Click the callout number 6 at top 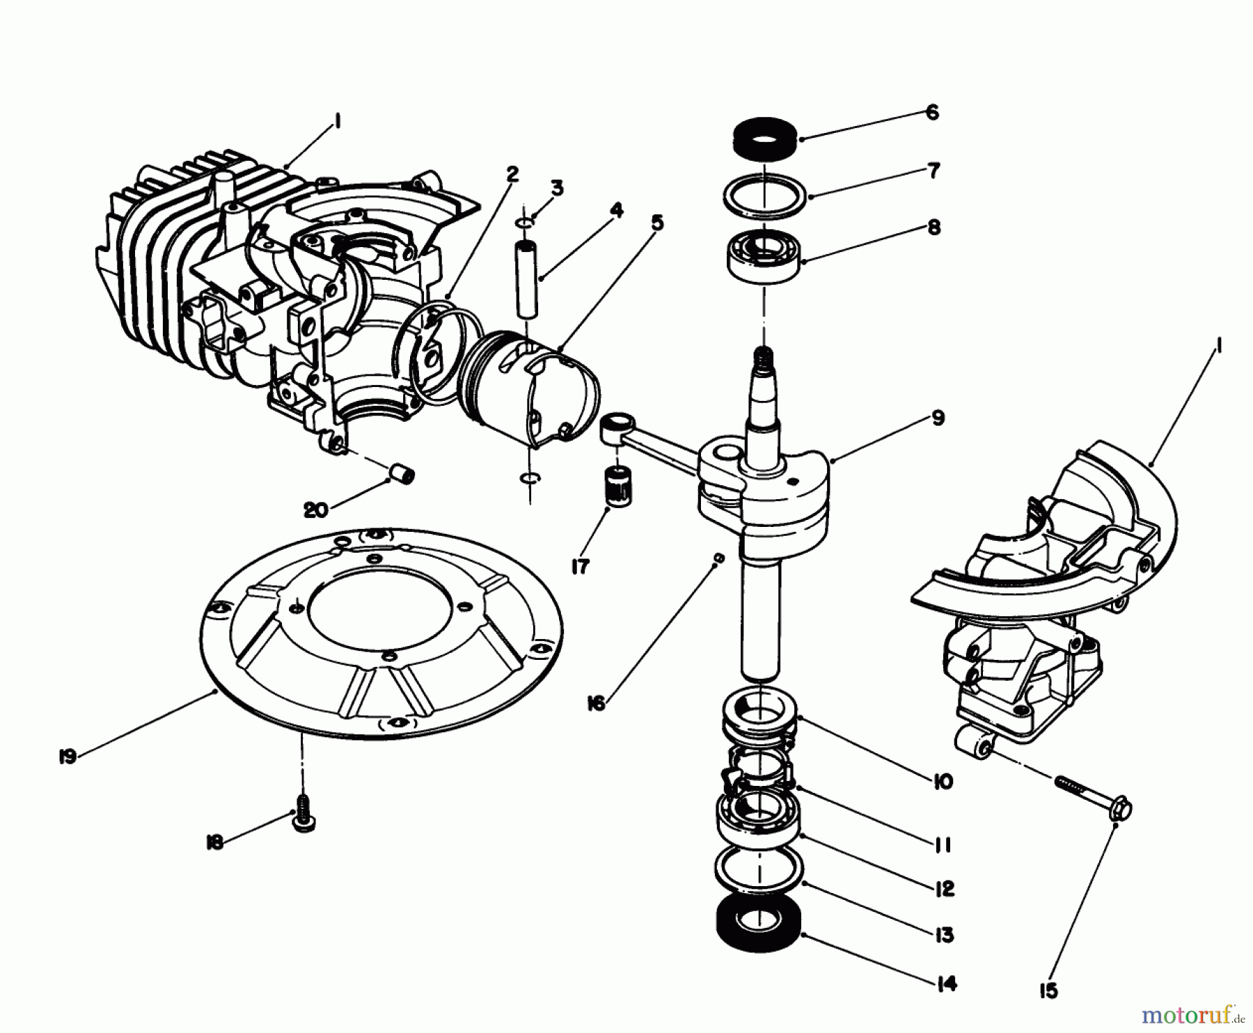[x=932, y=112]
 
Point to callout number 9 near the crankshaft [x=938, y=418]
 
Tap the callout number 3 [x=557, y=187]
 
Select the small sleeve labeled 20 [x=401, y=475]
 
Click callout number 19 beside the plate [x=68, y=757]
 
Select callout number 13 [x=944, y=934]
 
